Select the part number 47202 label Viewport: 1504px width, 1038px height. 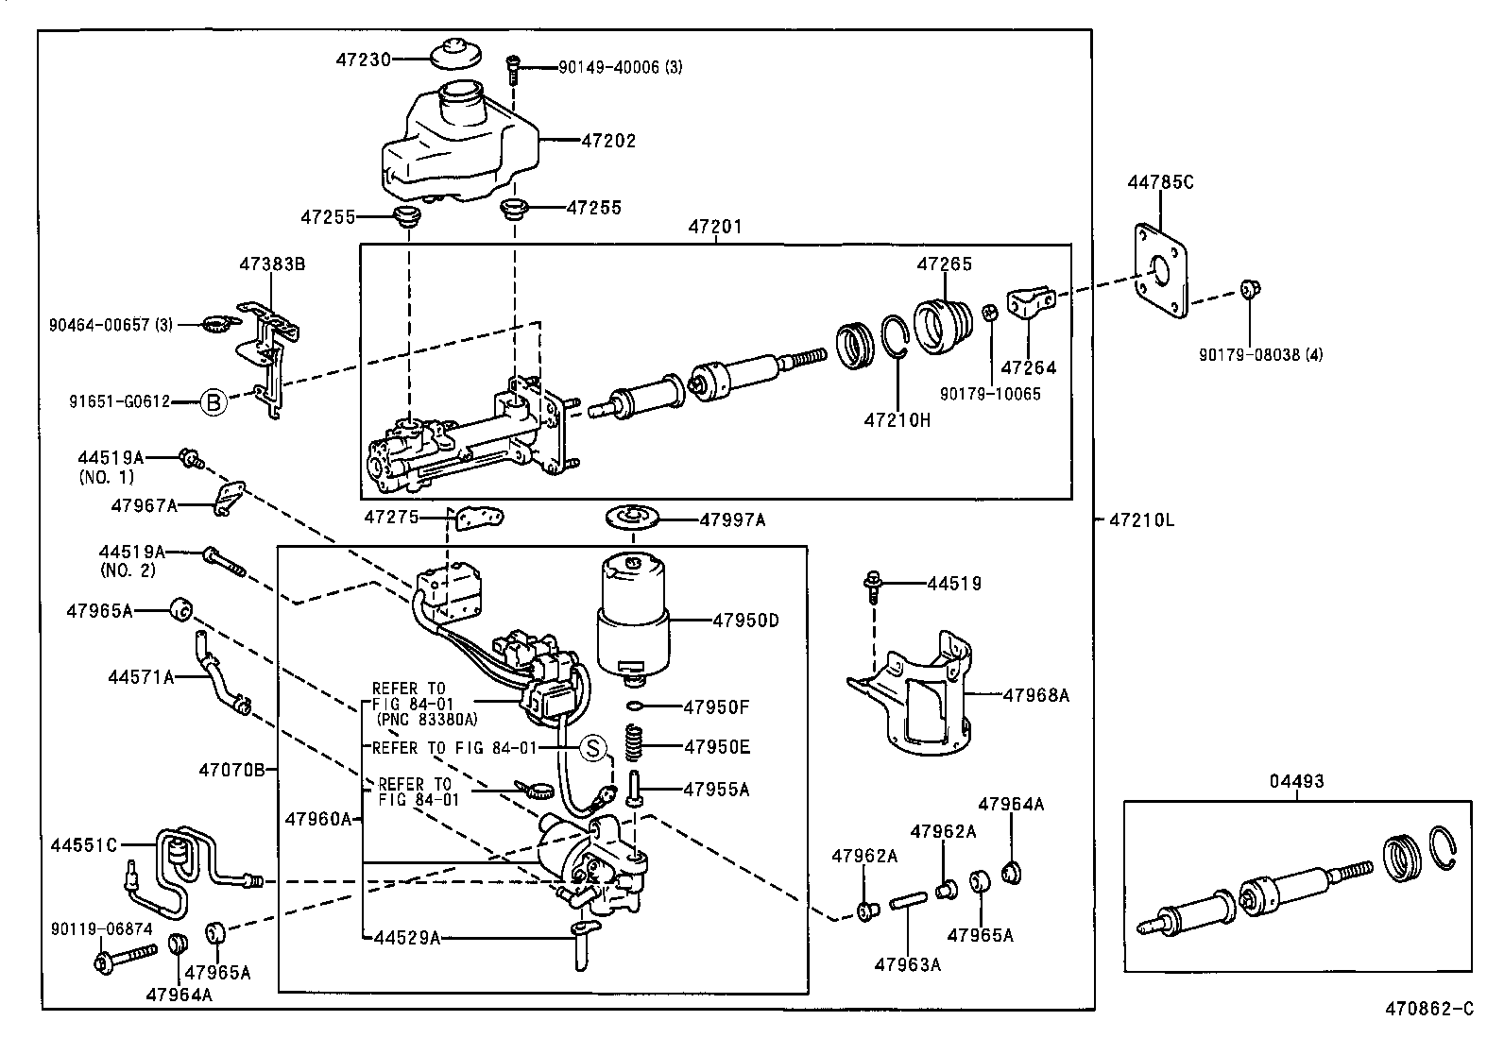pyautogui.click(x=608, y=141)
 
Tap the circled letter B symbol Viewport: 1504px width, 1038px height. pyautogui.click(x=214, y=403)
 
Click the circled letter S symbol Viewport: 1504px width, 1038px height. pyautogui.click(x=591, y=748)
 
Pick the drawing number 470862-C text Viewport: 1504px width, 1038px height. pyautogui.click(x=1429, y=1009)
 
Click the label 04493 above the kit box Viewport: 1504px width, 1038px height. pyautogui.click(x=1296, y=781)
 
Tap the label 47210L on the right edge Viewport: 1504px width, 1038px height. pyautogui.click(x=1140, y=519)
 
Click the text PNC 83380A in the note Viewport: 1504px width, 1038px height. pyautogui.click(x=426, y=720)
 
